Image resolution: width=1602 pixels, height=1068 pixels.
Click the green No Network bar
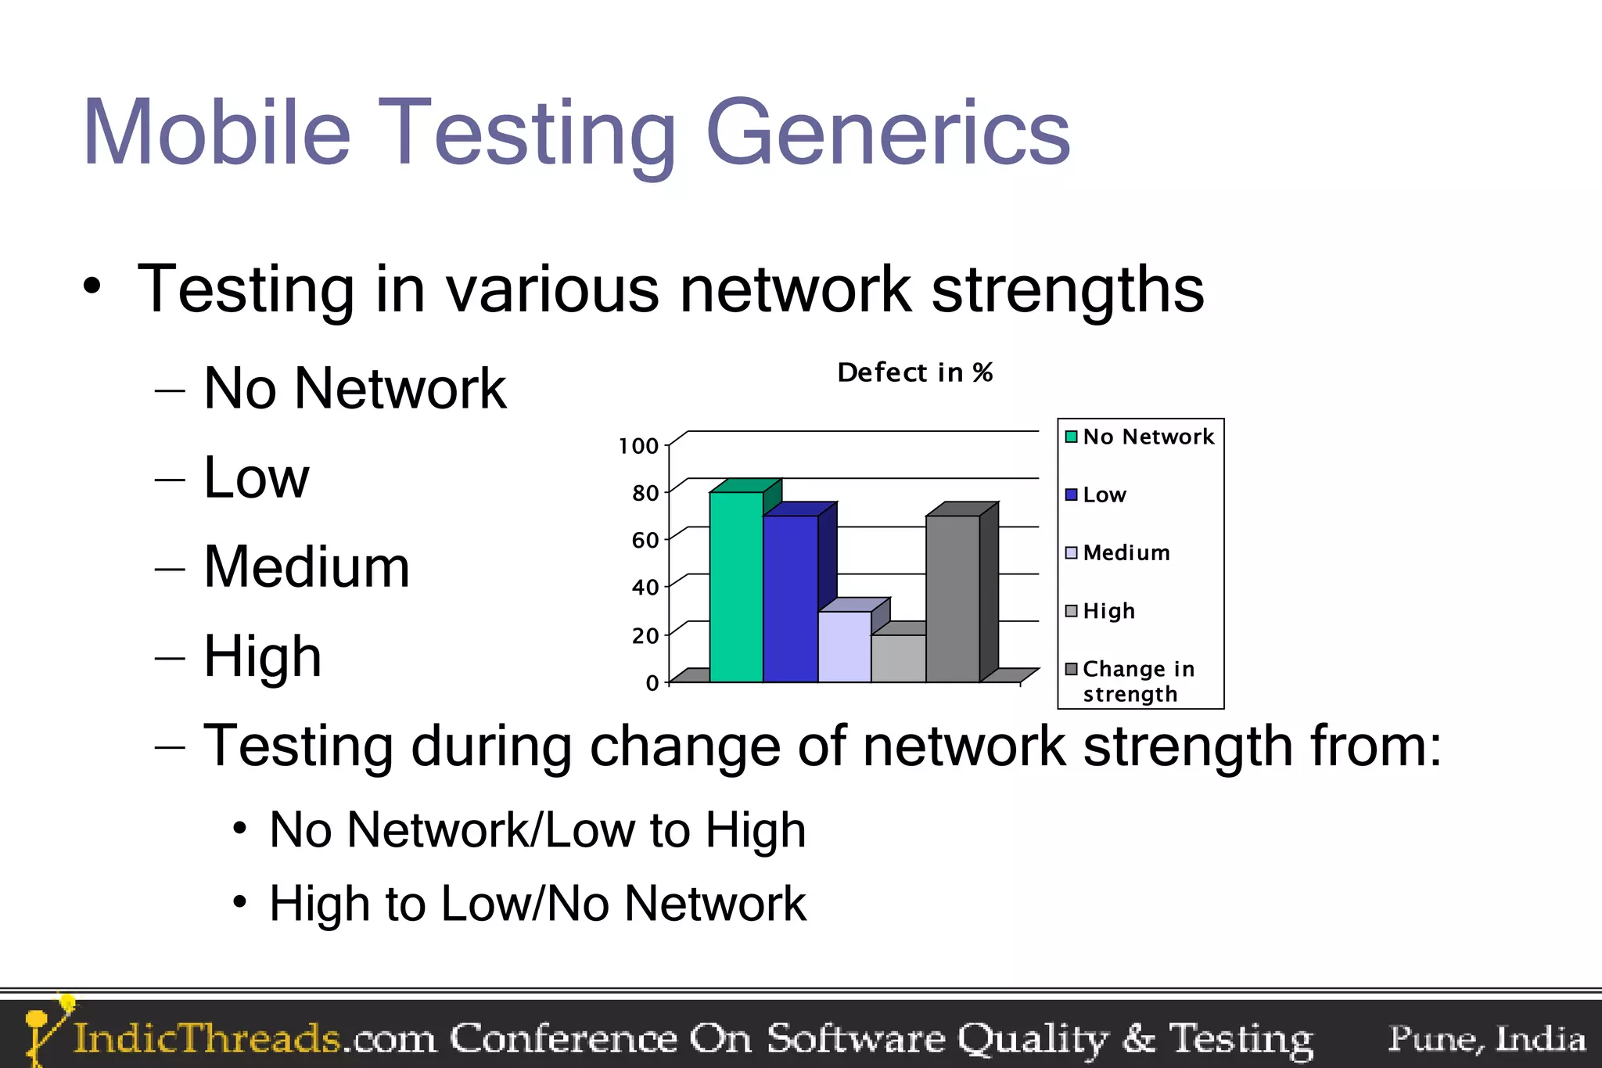pyautogui.click(x=736, y=587)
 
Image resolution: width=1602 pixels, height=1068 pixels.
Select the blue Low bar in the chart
pyautogui.click(x=790, y=599)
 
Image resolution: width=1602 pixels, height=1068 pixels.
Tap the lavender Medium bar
pyautogui.click(x=844, y=646)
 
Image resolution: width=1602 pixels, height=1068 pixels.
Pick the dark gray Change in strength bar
pyautogui.click(x=953, y=599)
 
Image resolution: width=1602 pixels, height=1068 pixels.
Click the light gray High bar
pyautogui.click(x=899, y=658)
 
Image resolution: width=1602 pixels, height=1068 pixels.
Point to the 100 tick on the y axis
pyautogui.click(x=638, y=447)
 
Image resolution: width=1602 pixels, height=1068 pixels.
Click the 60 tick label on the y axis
pyautogui.click(x=645, y=541)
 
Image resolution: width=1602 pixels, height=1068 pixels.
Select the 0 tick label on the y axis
pyautogui.click(x=652, y=683)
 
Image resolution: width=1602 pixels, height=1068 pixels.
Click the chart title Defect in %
pyautogui.click(x=914, y=373)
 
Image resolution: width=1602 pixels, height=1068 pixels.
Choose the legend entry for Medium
pyautogui.click(x=1126, y=553)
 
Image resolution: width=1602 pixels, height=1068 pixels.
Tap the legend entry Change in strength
pyautogui.click(x=1137, y=681)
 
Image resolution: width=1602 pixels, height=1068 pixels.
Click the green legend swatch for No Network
pyautogui.click(x=1071, y=437)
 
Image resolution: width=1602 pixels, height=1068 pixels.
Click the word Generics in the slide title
pyautogui.click(x=887, y=133)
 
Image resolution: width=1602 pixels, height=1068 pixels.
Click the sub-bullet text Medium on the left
pyautogui.click(x=307, y=566)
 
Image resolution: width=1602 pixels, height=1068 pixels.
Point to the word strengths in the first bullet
pyautogui.click(x=1067, y=289)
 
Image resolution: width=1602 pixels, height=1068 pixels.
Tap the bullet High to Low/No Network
pyautogui.click(x=537, y=904)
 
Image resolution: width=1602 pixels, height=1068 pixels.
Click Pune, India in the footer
pyautogui.click(x=1486, y=1039)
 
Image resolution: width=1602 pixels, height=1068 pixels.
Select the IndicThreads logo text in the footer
pyautogui.click(x=207, y=1039)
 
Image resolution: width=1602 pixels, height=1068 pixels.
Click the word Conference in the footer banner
pyautogui.click(x=563, y=1039)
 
